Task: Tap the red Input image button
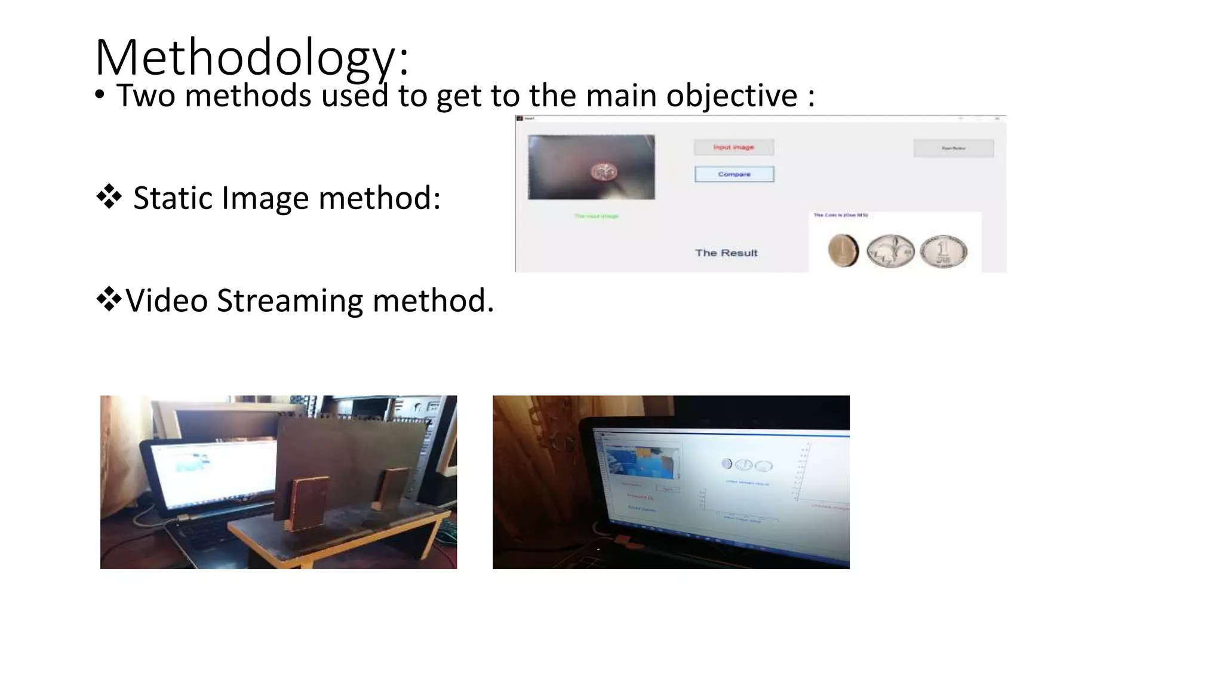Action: click(733, 147)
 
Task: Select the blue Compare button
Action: click(734, 174)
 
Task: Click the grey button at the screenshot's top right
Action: click(953, 148)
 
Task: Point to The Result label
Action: click(726, 253)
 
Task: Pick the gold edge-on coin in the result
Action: click(843, 250)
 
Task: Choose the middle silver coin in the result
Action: click(890, 251)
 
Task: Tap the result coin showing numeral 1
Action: click(943, 251)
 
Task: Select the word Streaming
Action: click(290, 300)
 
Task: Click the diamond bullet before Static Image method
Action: click(109, 196)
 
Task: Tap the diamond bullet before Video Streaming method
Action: click(109, 299)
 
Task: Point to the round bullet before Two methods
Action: click(100, 95)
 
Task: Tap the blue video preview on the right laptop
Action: click(642, 463)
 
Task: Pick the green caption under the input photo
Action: click(596, 216)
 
